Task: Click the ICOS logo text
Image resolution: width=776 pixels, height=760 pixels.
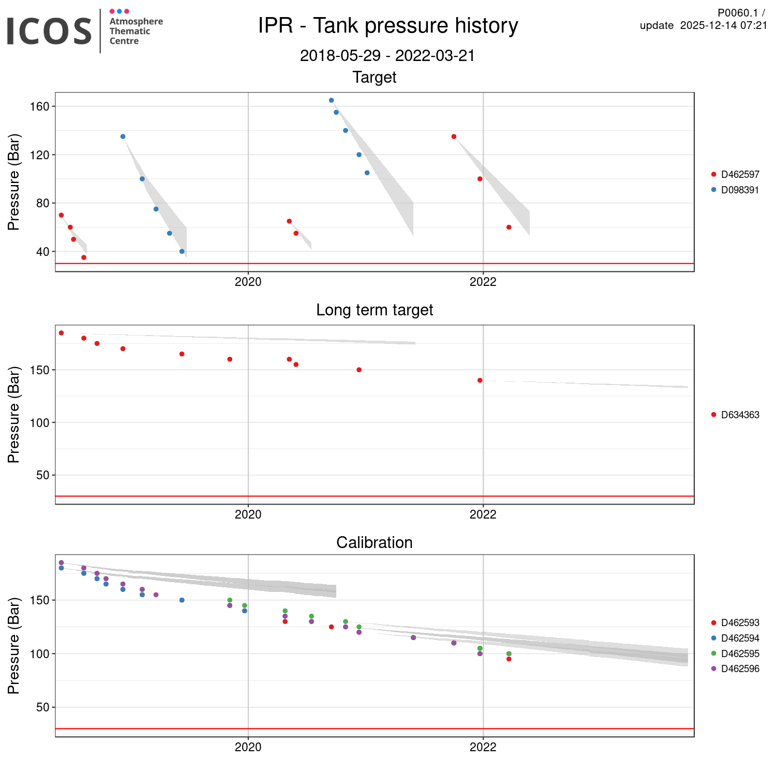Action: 49,31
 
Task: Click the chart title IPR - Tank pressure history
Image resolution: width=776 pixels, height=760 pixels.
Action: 387,26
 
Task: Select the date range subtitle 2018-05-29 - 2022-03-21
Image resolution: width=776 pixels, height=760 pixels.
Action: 387,56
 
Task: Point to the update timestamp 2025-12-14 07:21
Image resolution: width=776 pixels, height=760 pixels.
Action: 723,26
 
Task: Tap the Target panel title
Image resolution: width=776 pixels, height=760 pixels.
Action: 374,78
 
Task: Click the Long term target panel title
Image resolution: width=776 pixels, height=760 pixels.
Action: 374,310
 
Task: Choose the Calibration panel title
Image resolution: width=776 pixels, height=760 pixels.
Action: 374,543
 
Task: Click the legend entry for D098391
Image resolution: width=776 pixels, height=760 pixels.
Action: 740,190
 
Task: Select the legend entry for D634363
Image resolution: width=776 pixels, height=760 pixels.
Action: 740,415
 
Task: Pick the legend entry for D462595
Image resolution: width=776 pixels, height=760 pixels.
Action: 740,654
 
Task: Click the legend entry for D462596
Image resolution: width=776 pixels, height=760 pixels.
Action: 740,669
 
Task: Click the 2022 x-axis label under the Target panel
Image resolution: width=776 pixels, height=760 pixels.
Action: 483,282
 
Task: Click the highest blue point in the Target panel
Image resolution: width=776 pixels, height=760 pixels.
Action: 331,100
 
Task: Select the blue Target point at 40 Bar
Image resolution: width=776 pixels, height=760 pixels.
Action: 182,252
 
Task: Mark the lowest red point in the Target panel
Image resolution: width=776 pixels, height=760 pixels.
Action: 84,257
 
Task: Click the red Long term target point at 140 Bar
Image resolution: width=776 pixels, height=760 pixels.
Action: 480,381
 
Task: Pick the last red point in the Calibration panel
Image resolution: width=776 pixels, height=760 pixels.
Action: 509,659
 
